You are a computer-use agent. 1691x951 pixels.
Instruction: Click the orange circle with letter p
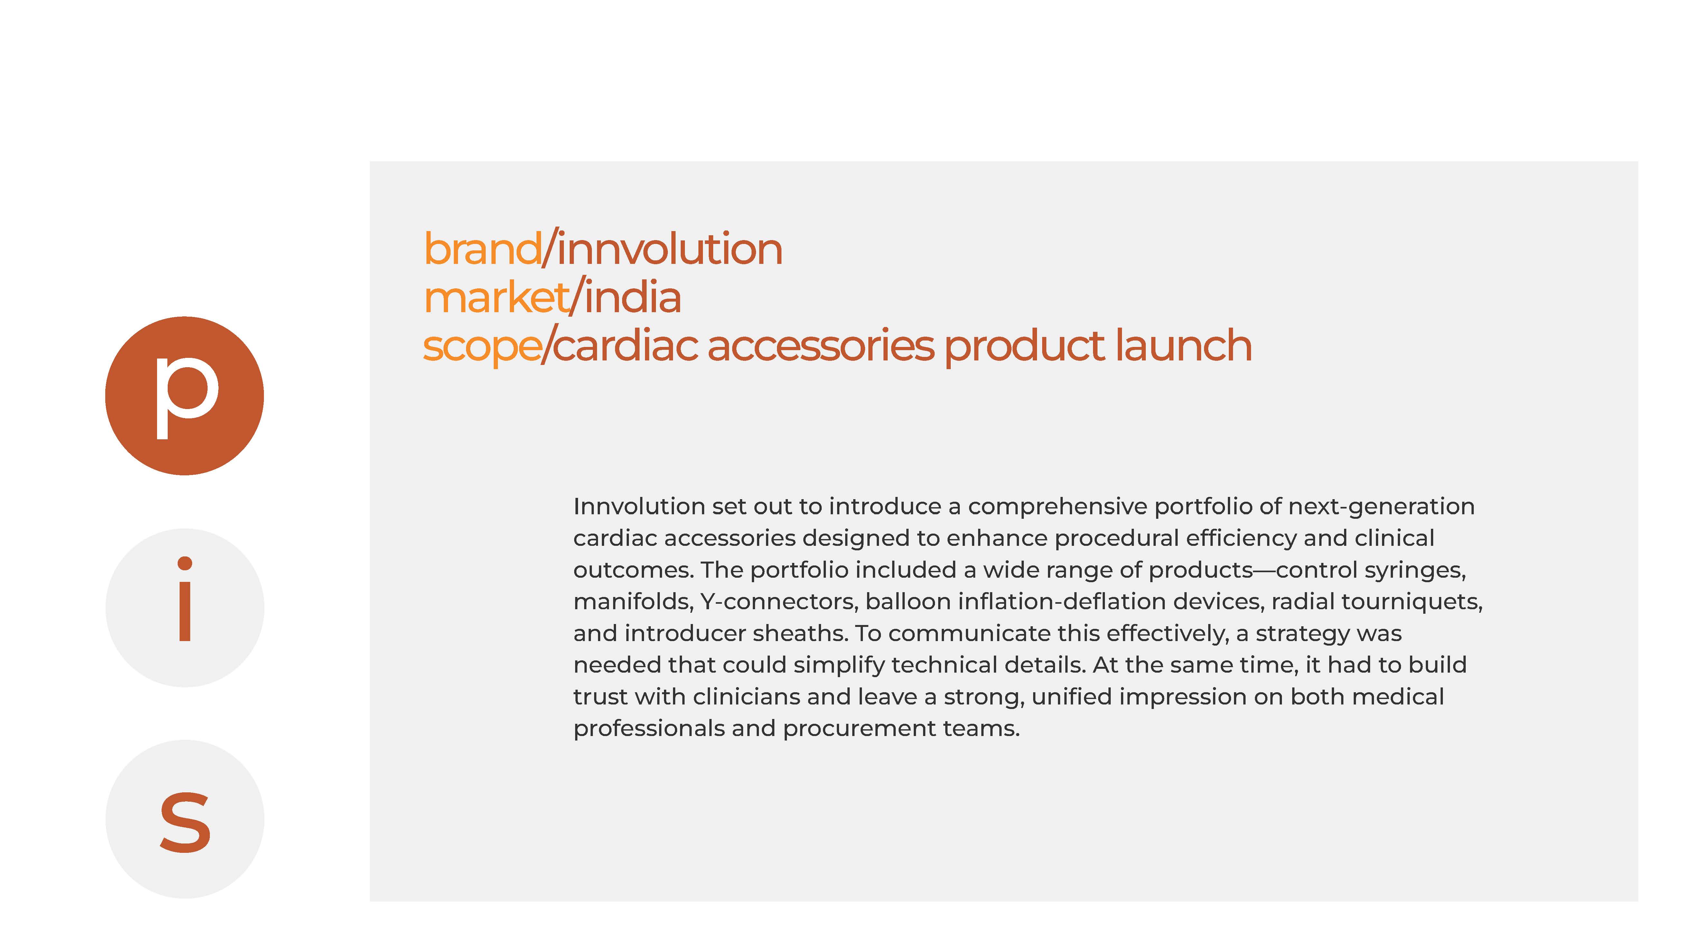[184, 396]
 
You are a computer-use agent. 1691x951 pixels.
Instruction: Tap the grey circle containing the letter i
[184, 608]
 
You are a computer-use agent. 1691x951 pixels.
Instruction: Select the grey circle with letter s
[184, 819]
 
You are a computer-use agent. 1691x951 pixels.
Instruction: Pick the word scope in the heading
[482, 347]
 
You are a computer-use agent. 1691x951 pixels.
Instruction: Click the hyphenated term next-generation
[1381, 507]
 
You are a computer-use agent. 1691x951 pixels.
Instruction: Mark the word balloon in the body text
[908, 602]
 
